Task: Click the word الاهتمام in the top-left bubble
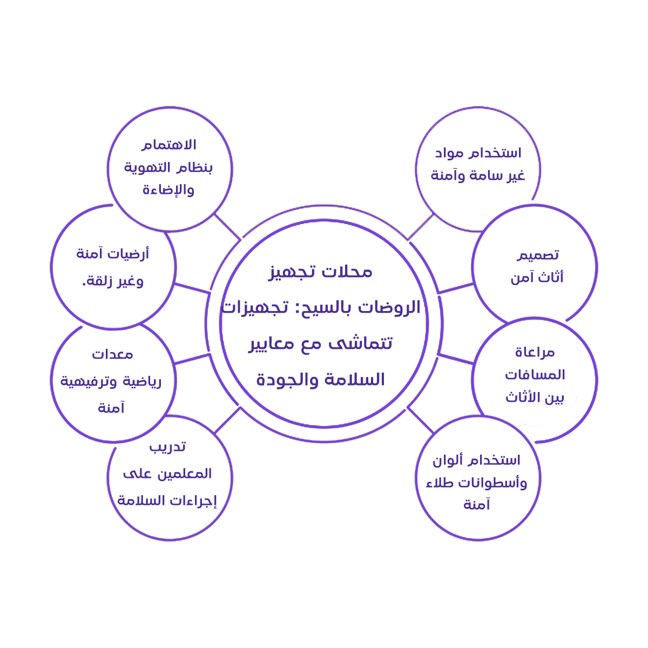169,145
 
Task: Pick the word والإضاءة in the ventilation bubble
168,190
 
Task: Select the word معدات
112,354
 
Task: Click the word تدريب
167,447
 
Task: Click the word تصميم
538,255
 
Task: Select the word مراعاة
535,353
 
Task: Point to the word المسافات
535,375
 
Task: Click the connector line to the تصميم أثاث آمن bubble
456,288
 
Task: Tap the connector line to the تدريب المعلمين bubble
227,420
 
